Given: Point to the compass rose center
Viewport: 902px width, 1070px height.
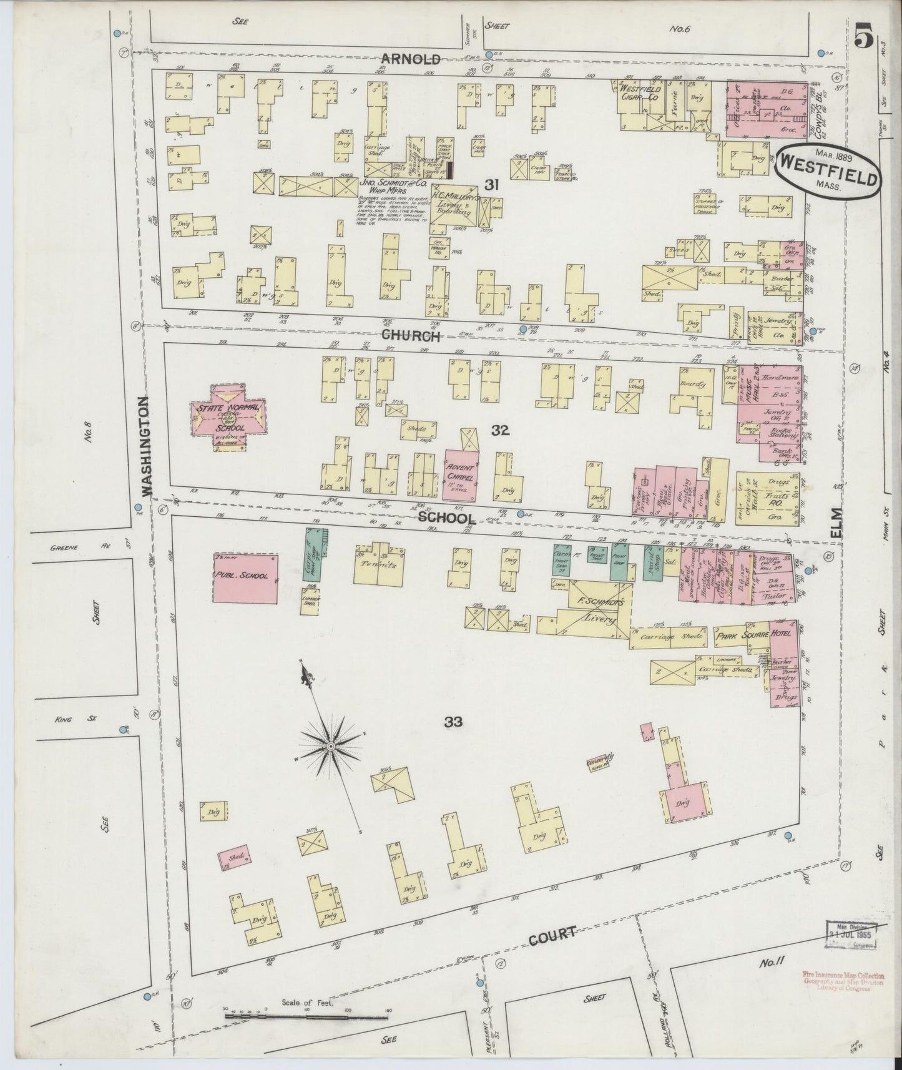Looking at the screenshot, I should pyautogui.click(x=331, y=745).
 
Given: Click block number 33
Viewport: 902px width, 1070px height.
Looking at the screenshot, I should pyautogui.click(x=453, y=722).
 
